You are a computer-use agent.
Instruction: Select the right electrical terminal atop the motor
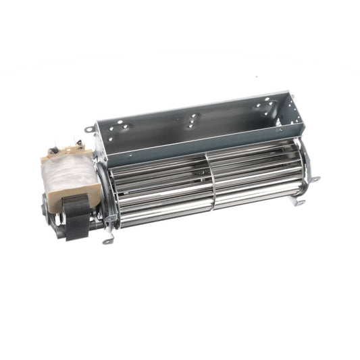pyautogui.click(x=80, y=141)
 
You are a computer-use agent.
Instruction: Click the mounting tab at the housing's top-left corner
pyautogui.click(x=91, y=129)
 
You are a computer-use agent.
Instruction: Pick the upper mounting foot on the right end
pyautogui.click(x=313, y=179)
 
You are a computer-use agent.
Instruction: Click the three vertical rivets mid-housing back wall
pyautogui.click(x=193, y=122)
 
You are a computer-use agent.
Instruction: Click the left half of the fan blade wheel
pyautogui.click(x=162, y=192)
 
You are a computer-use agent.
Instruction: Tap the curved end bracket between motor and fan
pyautogui.click(x=106, y=196)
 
